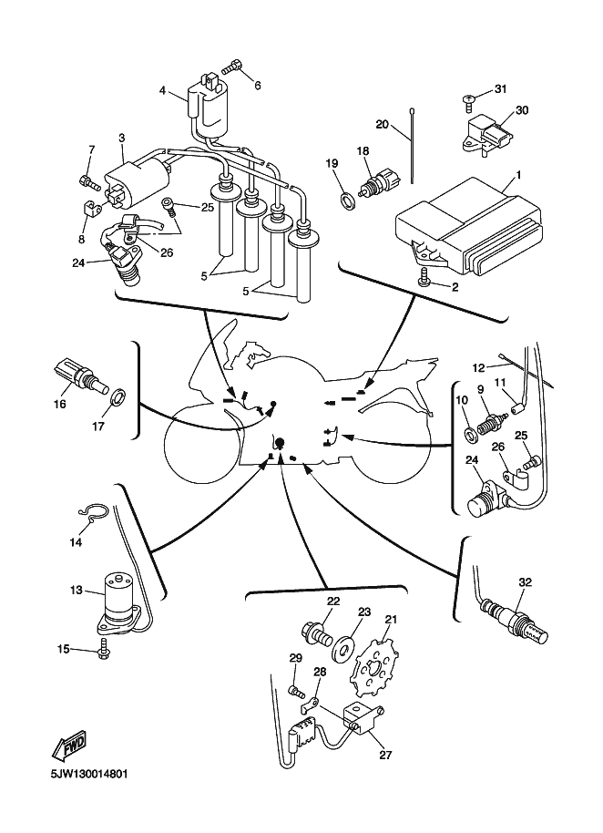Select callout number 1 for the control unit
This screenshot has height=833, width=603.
coord(518,174)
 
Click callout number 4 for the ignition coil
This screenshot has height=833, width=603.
coord(163,90)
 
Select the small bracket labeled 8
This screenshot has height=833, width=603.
coord(93,211)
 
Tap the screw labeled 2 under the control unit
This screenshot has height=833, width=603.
coord(424,282)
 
